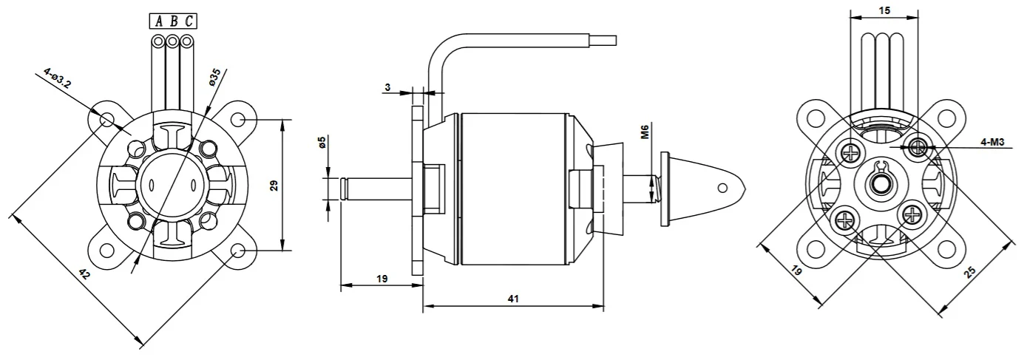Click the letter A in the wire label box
pos(159,21)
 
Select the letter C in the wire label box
pos(189,21)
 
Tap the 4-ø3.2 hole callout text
pos(58,78)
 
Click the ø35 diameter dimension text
pos(214,77)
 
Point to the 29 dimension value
pos(274,186)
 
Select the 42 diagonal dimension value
pos(84,274)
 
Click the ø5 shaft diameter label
pos(322,142)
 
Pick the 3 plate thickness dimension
pos(387,87)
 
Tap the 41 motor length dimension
pos(513,299)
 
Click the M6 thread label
pos(645,132)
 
